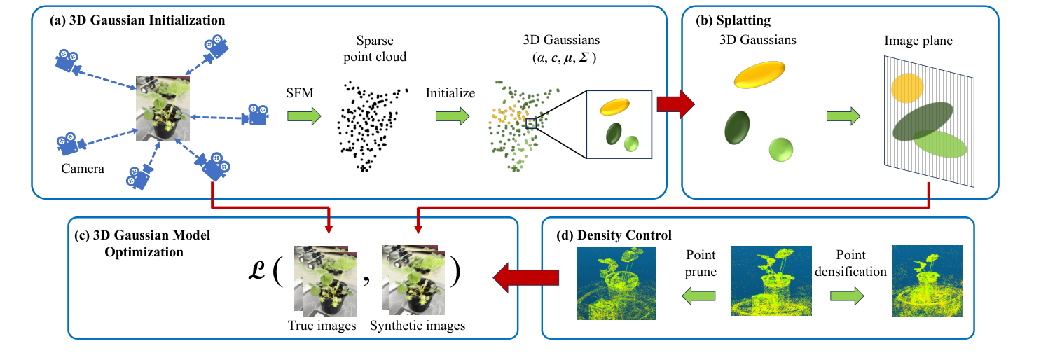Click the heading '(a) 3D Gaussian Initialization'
pyautogui.click(x=137, y=20)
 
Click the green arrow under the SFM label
pyautogui.click(x=303, y=116)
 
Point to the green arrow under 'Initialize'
pyautogui.click(x=453, y=116)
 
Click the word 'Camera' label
pyautogui.click(x=83, y=168)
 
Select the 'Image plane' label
pyautogui.click(x=919, y=41)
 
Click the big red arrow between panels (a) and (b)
pyautogui.click(x=675, y=105)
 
